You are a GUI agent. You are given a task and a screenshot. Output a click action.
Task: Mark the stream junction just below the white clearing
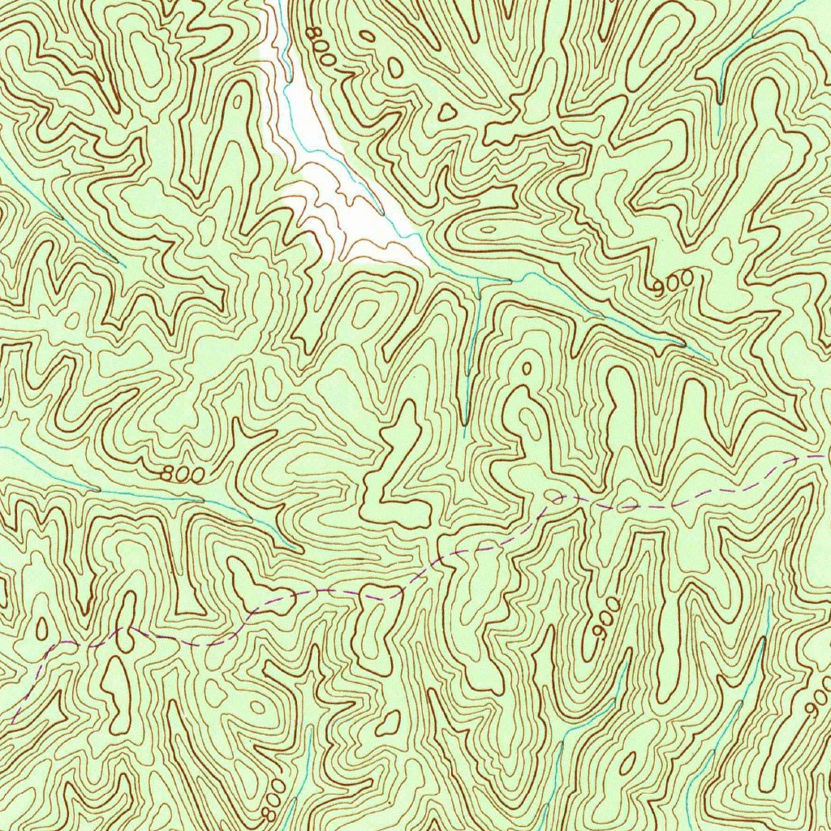(x=479, y=278)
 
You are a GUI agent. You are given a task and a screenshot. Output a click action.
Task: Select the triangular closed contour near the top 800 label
(x=446, y=112)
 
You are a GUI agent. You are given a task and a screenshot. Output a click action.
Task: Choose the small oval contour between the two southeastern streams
(x=628, y=764)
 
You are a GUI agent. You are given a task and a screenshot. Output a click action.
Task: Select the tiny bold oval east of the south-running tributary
(x=526, y=368)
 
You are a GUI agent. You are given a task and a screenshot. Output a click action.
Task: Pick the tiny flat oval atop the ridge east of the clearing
(x=487, y=230)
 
